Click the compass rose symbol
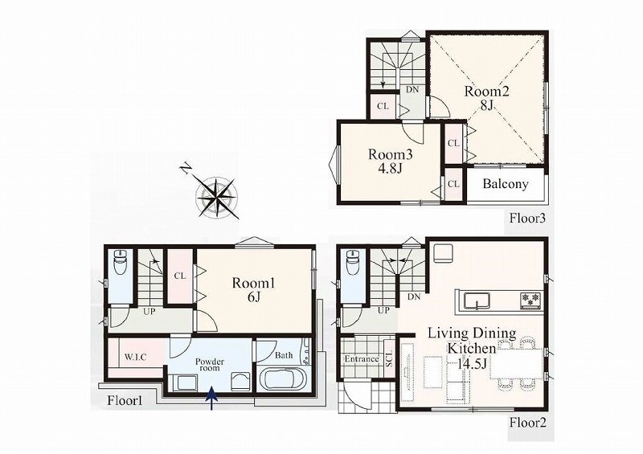pyautogui.click(x=215, y=197)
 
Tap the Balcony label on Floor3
pyautogui.click(x=506, y=184)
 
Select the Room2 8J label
pyautogui.click(x=486, y=97)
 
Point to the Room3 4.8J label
pyautogui.click(x=390, y=161)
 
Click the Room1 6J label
pyautogui.click(x=253, y=289)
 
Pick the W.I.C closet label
pyautogui.click(x=135, y=358)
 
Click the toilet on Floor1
pyautogui.click(x=121, y=263)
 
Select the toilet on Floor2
pyautogui.click(x=353, y=263)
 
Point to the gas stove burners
pyautogui.click(x=531, y=299)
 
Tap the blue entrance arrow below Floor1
pyautogui.click(x=211, y=398)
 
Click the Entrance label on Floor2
pyautogui.click(x=361, y=359)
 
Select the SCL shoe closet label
pyautogui.click(x=389, y=358)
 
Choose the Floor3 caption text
pyautogui.click(x=528, y=218)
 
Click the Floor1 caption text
pyautogui.click(x=125, y=401)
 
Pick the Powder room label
pyautogui.click(x=210, y=365)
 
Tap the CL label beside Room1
pyautogui.click(x=179, y=276)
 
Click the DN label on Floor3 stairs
pyautogui.click(x=412, y=88)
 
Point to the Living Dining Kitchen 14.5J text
pyautogui.click(x=472, y=348)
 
